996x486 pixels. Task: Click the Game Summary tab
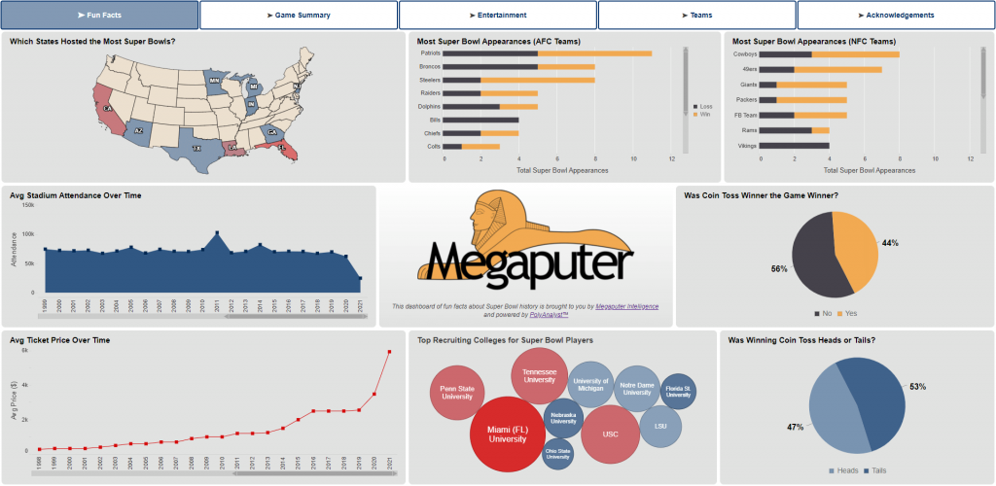(299, 16)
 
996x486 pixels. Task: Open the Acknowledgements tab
(896, 16)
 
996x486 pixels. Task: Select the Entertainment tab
(498, 16)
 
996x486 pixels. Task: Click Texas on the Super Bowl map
(196, 149)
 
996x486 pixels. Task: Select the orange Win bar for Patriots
(595, 53)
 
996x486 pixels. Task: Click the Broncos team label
(428, 67)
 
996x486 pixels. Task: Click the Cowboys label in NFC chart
(744, 54)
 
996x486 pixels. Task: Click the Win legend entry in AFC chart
(704, 114)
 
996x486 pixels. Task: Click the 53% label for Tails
(917, 387)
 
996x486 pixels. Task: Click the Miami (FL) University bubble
(507, 433)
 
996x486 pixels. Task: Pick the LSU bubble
(659, 427)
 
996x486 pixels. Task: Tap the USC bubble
(610, 434)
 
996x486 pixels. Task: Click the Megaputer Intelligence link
(632, 306)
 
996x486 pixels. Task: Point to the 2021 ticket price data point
(390, 352)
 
